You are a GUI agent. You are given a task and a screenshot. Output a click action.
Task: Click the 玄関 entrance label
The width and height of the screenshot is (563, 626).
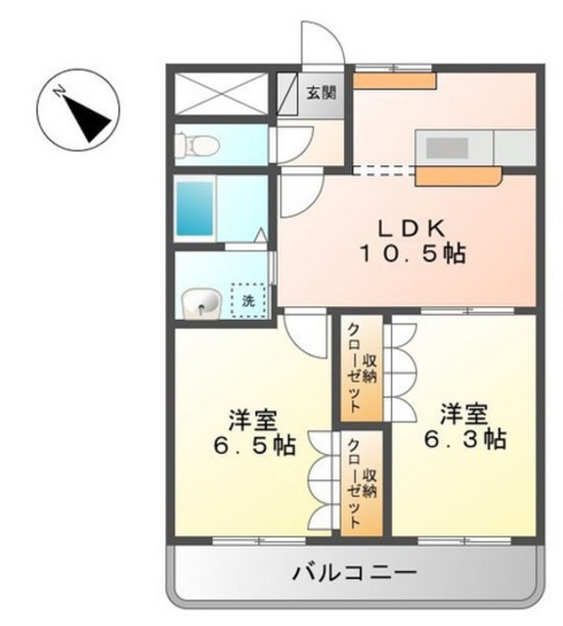tap(322, 93)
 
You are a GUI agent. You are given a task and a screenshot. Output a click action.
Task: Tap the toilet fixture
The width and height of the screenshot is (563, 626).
tap(197, 145)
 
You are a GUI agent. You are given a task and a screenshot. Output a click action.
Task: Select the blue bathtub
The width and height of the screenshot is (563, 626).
tap(195, 208)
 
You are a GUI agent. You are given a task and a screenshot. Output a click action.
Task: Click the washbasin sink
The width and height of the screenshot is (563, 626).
tap(200, 303)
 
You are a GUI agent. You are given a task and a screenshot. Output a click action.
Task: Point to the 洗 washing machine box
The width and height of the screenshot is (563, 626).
tap(248, 300)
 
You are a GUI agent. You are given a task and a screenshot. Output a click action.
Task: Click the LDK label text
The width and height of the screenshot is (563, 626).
tap(411, 229)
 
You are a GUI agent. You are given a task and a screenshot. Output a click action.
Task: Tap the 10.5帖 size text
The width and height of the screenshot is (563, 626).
tap(412, 254)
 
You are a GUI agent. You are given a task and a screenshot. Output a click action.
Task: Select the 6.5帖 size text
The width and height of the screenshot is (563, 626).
tap(254, 445)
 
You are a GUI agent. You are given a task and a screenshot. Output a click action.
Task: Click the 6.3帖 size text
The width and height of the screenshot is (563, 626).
tap(465, 439)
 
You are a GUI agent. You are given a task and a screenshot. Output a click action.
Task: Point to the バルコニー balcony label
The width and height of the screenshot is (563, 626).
tap(355, 574)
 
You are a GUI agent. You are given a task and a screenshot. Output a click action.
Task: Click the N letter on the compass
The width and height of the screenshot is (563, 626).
tap(60, 92)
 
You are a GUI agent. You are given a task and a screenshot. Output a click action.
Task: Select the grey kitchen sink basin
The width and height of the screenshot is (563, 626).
tap(447, 148)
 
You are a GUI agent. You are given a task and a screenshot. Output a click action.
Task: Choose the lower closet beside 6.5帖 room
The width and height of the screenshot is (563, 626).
tap(362, 483)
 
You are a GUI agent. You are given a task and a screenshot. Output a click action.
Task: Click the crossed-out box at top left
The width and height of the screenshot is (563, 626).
tap(221, 94)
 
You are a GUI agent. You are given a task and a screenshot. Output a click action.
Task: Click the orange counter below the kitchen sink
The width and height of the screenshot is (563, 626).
tap(458, 176)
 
